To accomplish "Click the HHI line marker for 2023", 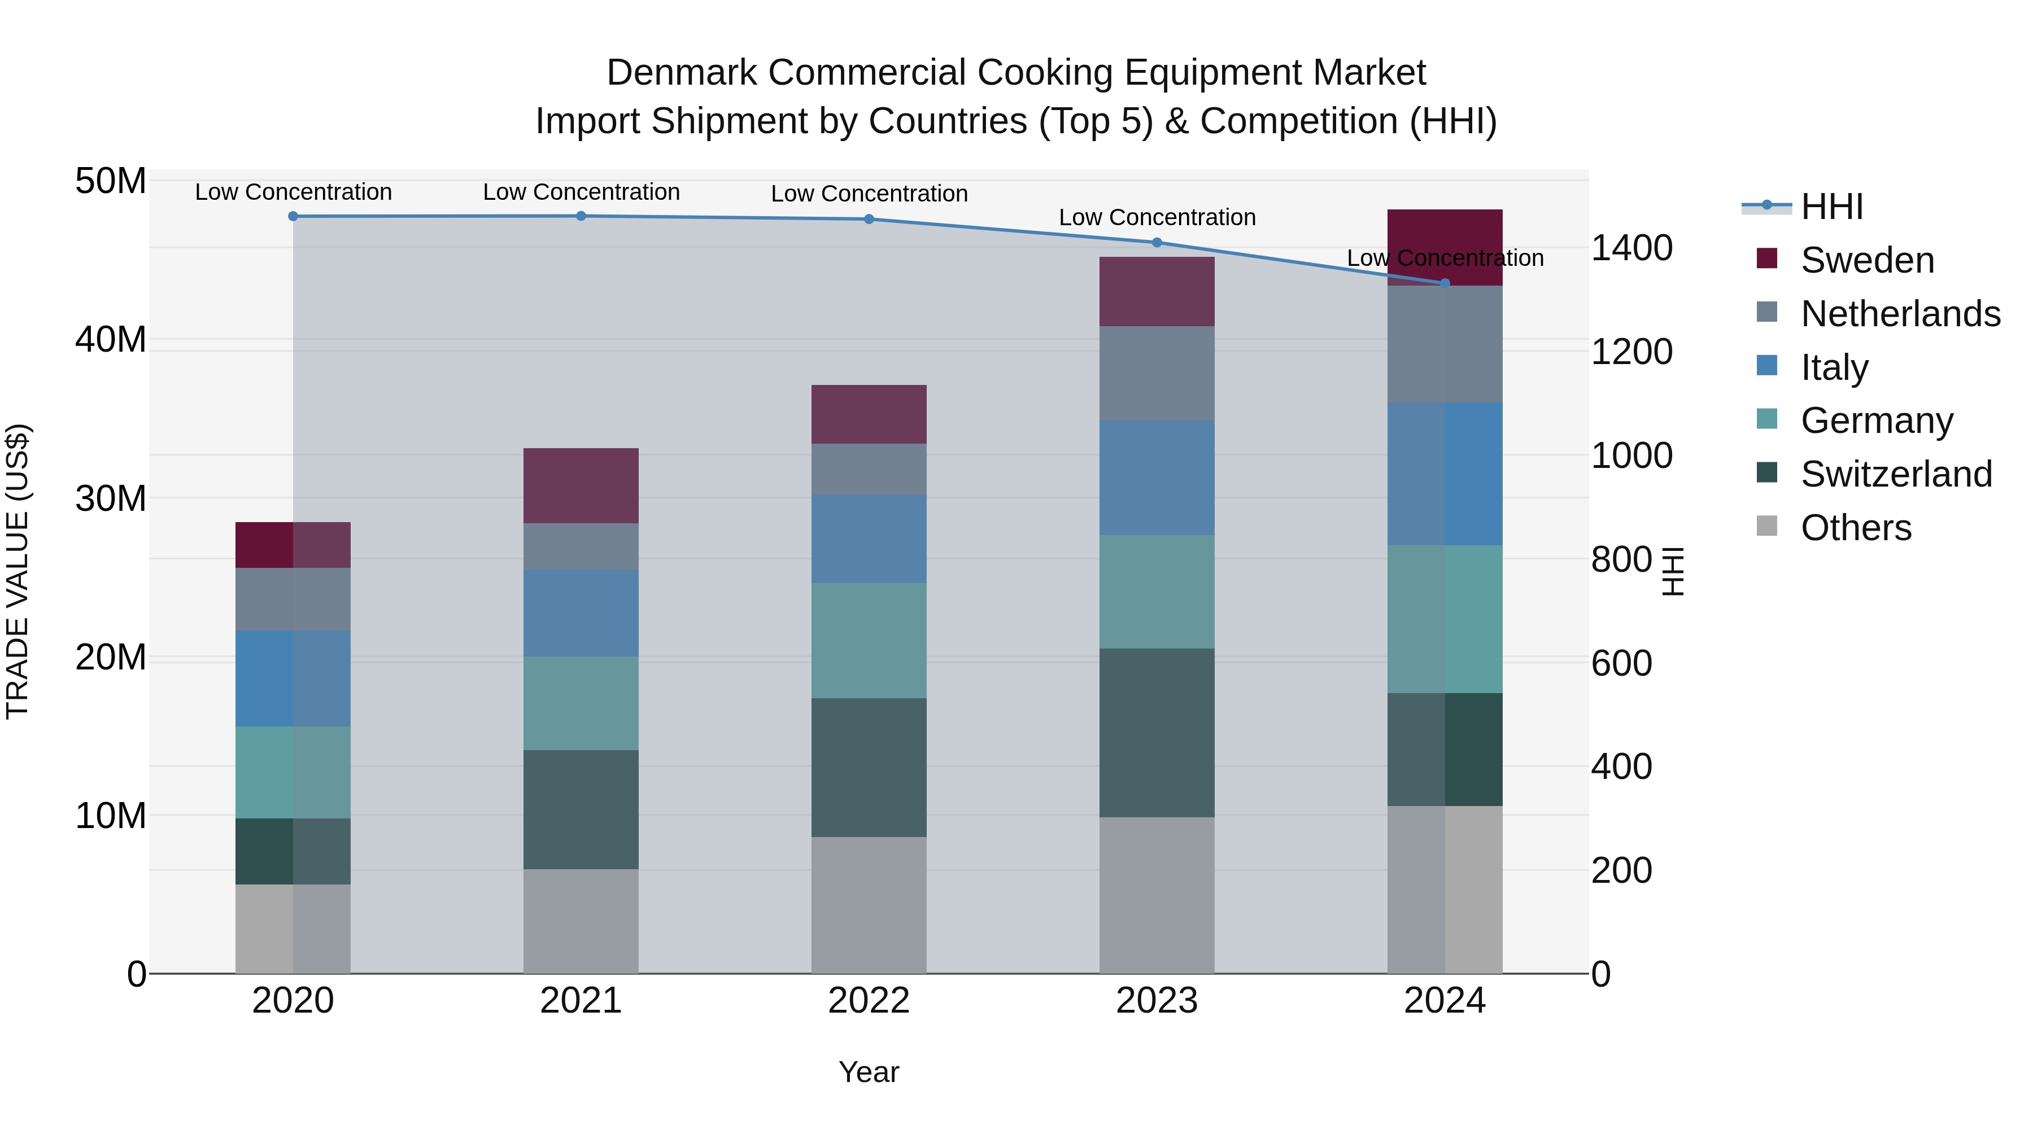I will (1157, 242).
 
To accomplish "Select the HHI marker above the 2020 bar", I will (293, 216).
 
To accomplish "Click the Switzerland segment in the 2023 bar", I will (1157, 732).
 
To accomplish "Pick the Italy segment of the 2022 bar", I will (869, 539).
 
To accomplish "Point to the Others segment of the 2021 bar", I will (581, 921).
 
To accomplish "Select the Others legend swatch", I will (1767, 526).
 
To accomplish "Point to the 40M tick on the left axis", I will (111, 340).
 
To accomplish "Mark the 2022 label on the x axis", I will (869, 1001).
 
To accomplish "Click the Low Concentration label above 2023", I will (1157, 217).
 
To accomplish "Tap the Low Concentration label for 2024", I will (1445, 258).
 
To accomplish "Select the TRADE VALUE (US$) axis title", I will (18, 571).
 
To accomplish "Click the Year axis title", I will (869, 1072).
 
